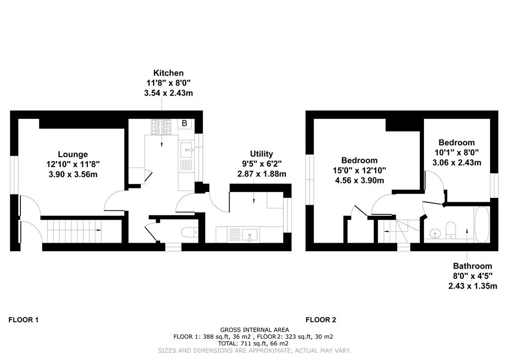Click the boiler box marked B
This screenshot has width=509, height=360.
[184, 124]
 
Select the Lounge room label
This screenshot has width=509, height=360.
[73, 154]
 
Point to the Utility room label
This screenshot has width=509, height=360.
[261, 154]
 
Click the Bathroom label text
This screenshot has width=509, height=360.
[472, 266]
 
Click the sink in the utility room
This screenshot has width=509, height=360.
[248, 234]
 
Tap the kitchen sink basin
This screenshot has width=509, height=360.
[186, 148]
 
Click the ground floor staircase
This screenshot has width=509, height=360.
[75, 230]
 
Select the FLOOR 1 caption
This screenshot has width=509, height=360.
[23, 320]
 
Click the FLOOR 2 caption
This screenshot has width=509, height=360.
[321, 320]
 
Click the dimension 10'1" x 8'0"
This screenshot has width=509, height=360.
[457, 153]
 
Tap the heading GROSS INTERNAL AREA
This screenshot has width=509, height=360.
[254, 330]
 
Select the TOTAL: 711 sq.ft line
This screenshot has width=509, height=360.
[254, 343]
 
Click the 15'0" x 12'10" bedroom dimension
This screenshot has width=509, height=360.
[359, 170]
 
